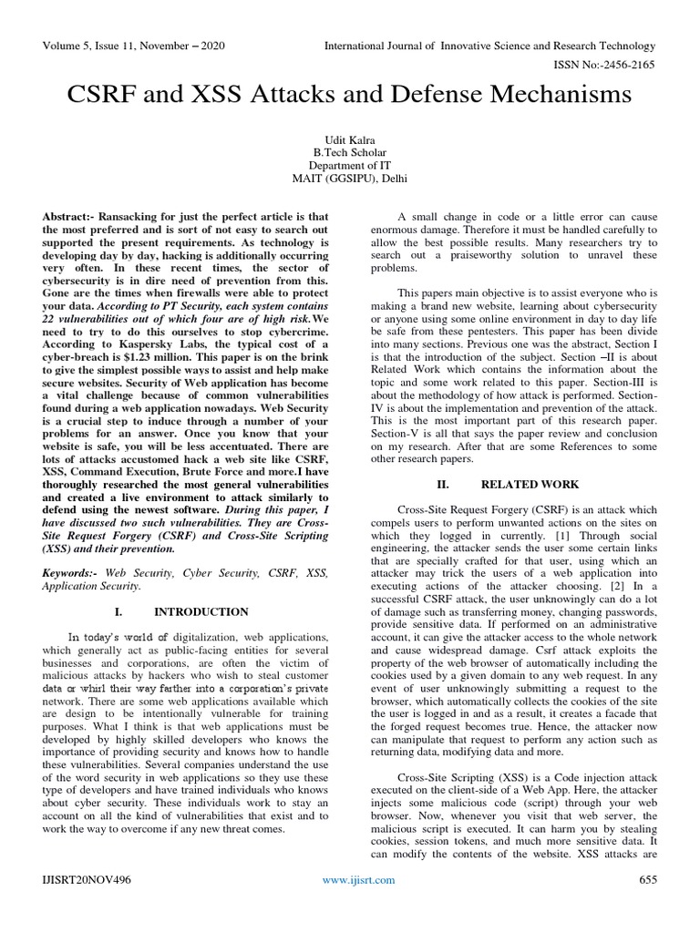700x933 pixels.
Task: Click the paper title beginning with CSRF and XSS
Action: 349,94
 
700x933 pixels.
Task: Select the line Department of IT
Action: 349,166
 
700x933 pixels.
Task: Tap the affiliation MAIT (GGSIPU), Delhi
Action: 349,179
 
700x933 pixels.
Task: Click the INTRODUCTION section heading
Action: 201,611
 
